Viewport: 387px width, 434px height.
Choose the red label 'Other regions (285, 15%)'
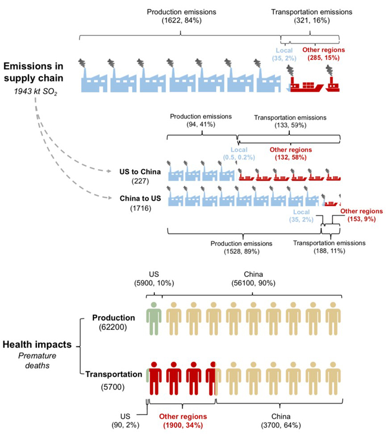click(x=324, y=54)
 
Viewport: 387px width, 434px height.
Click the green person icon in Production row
click(x=154, y=318)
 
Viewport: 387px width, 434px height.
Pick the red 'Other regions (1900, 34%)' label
click(x=182, y=420)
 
